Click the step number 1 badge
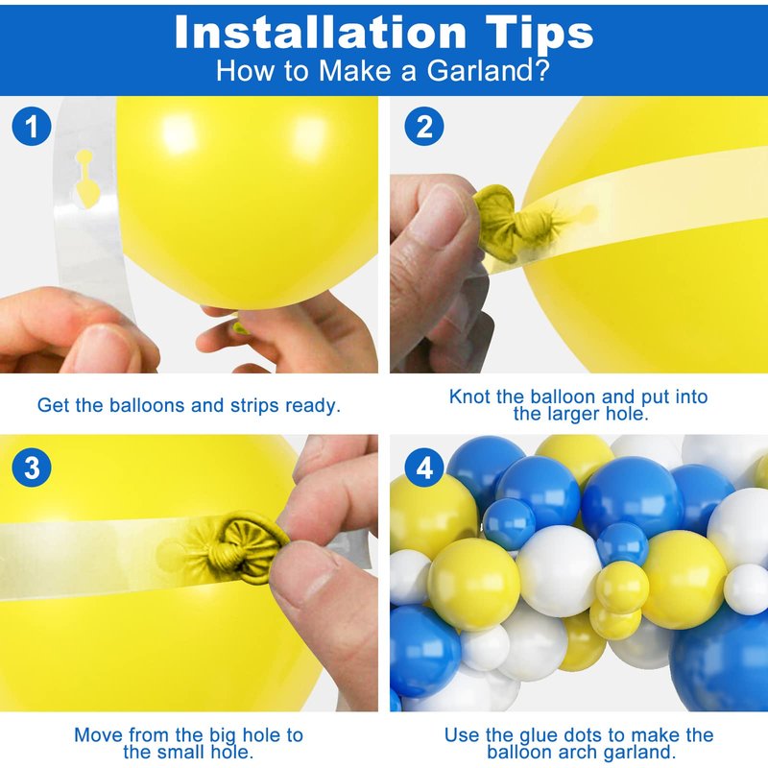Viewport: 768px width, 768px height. (x=32, y=126)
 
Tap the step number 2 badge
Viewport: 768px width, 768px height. (x=424, y=126)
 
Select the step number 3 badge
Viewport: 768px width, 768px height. (x=32, y=468)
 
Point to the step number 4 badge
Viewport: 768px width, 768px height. (x=424, y=468)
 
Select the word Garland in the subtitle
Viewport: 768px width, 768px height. (x=481, y=70)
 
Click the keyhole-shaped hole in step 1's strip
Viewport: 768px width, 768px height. (x=86, y=179)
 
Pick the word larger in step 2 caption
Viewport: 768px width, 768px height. (x=573, y=415)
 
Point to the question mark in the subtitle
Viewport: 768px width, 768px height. (x=542, y=70)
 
